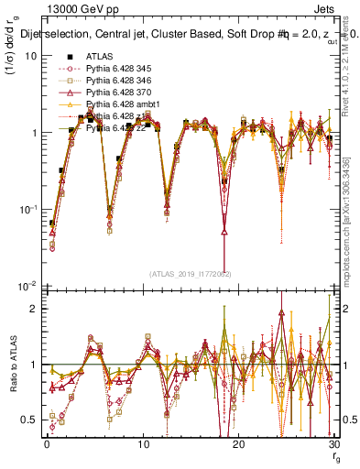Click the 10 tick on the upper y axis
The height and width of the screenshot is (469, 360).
tap(31, 56)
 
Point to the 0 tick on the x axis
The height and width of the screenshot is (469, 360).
tap(46, 443)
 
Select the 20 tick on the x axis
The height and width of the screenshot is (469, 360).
tap(238, 443)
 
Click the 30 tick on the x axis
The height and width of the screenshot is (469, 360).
tap(333, 443)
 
